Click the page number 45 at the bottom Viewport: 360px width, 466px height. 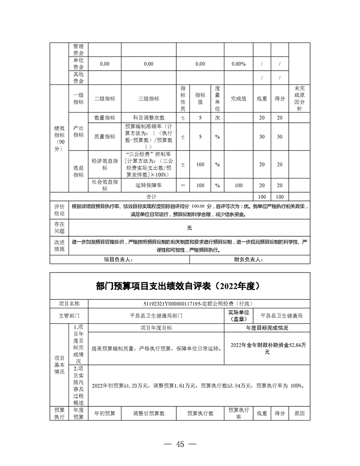tap(180, 444)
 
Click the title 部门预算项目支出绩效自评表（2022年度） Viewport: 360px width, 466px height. tap(180, 286)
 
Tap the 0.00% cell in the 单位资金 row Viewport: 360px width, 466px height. tap(239, 64)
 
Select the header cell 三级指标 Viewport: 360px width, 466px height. tap(148, 99)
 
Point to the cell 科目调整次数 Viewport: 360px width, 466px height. tap(148, 117)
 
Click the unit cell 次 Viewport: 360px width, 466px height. tap(217, 117)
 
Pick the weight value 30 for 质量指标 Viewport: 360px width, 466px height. tap(262, 137)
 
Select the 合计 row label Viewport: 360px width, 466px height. tap(152, 196)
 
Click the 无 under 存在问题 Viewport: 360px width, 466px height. tap(189, 228)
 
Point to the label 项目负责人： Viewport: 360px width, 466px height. tap(117, 260)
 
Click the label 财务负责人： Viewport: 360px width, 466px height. tap(248, 260)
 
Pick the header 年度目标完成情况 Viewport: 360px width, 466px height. tap(267, 328)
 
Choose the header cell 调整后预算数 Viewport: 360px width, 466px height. tap(148, 413)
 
